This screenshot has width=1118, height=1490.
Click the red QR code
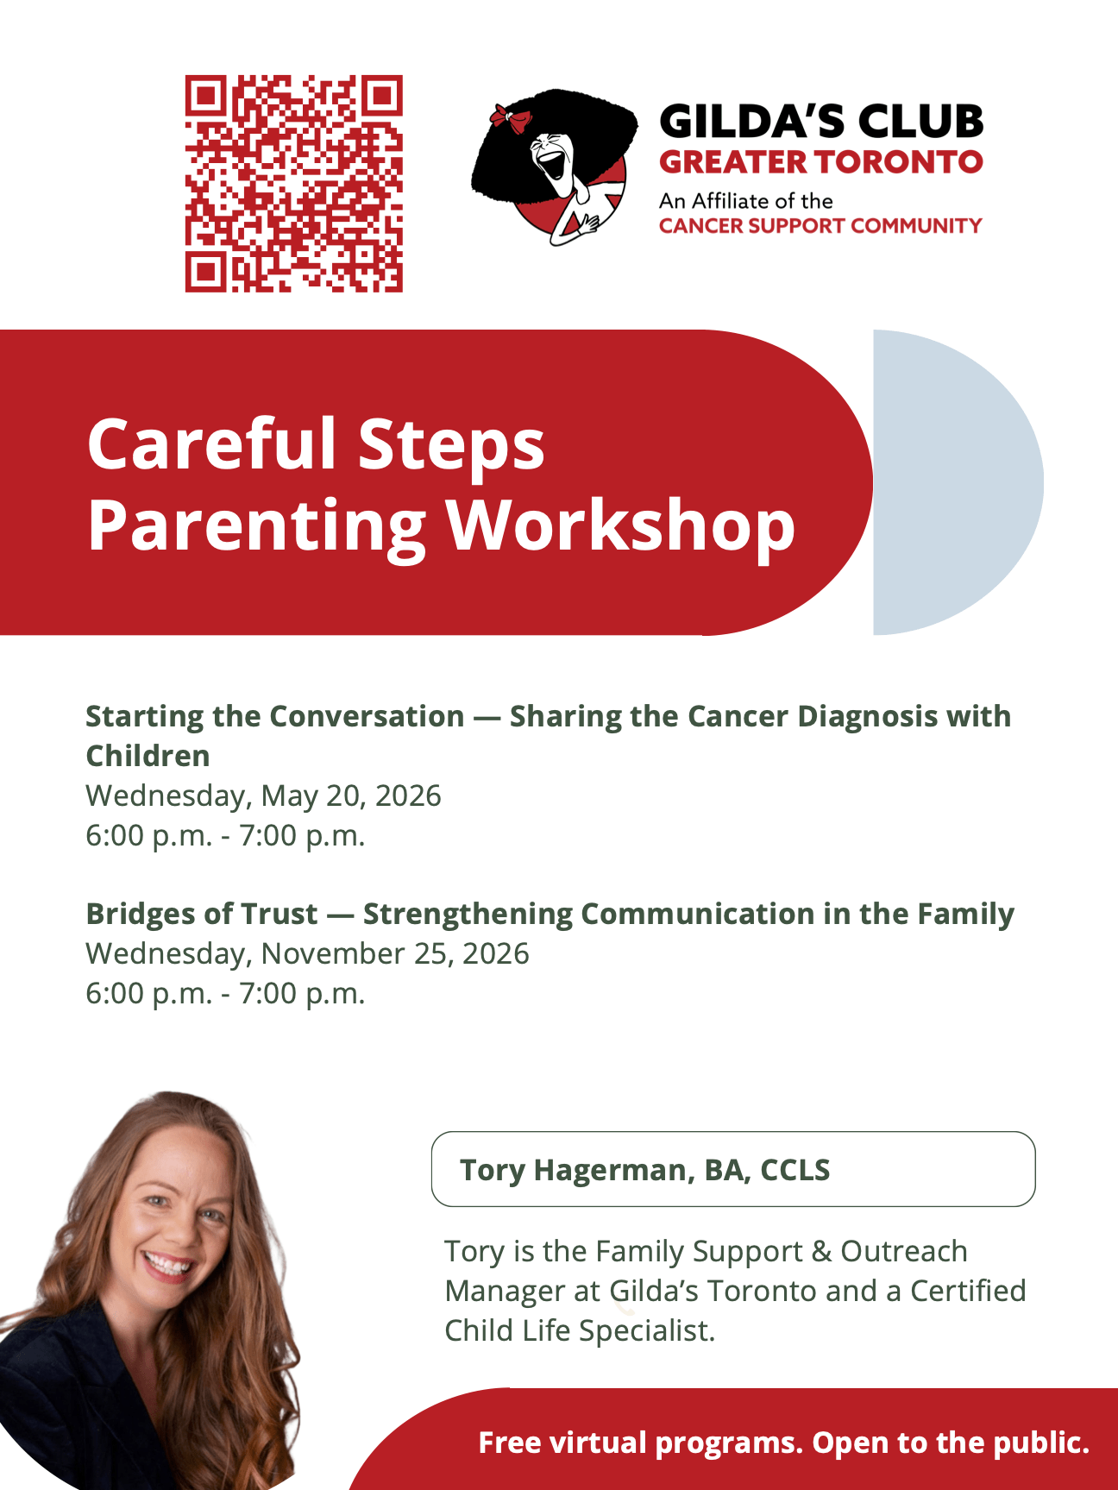[293, 184]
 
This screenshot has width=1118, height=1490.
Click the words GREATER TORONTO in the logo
[820, 162]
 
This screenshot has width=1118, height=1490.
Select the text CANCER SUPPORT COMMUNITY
[820, 226]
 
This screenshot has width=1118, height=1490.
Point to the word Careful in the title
[211, 444]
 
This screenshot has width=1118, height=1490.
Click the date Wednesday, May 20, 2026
[263, 795]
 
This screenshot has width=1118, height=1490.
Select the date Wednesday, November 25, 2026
[307, 953]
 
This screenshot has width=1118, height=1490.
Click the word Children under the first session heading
[148, 756]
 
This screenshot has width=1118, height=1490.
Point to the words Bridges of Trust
[202, 914]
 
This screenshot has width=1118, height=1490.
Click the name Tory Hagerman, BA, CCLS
[644, 1170]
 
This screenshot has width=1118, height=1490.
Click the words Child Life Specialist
[580, 1330]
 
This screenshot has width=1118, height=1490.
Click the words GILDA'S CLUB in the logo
[820, 121]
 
